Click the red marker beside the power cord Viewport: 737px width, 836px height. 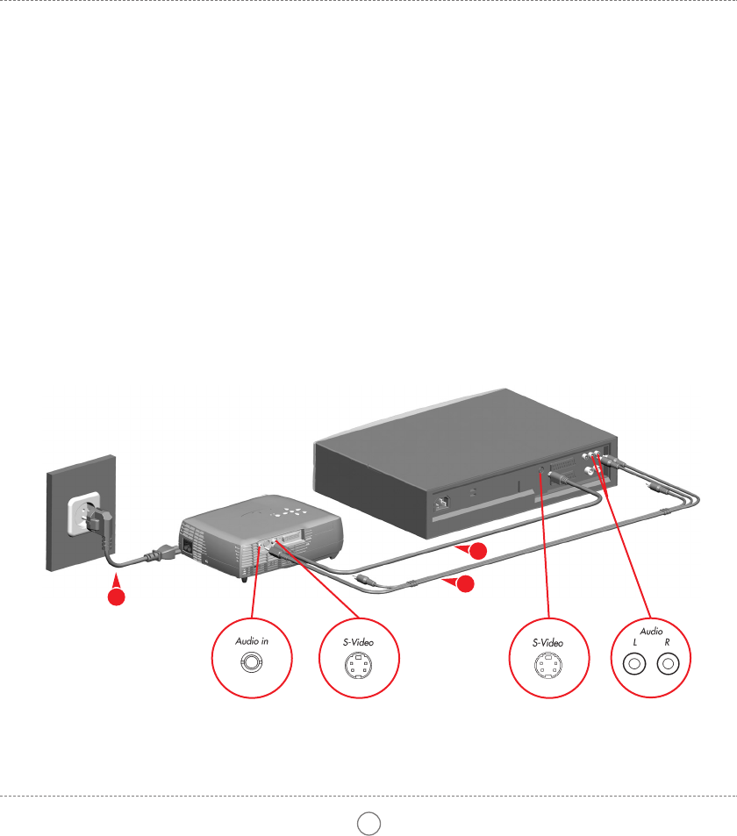coord(114,596)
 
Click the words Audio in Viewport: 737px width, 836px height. coord(252,641)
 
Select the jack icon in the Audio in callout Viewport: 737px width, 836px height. coord(252,664)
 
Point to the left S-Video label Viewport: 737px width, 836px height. coord(358,642)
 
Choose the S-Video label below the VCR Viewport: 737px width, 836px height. coord(547,642)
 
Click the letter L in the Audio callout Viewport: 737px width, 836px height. coord(632,643)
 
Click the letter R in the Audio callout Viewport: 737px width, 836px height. coord(668,643)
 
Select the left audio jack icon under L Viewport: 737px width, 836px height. coord(632,664)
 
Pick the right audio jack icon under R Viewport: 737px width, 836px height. coord(669,664)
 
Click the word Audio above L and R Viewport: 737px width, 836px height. coord(650,631)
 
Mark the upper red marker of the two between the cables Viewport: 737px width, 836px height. coord(475,551)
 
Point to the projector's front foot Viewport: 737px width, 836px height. coord(243,578)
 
